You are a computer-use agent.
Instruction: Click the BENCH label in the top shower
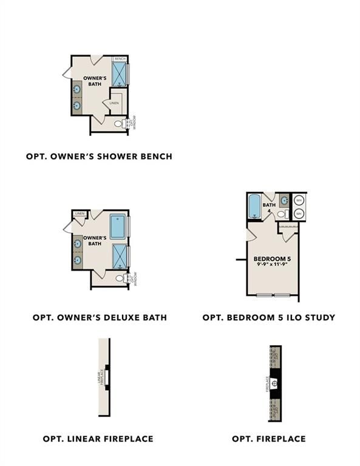120,59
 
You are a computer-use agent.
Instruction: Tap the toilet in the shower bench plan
118,124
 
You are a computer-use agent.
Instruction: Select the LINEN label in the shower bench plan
114,103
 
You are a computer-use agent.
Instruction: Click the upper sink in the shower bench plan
77,90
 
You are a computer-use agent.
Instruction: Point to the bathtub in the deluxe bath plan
118,226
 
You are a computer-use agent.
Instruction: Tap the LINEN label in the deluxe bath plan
80,214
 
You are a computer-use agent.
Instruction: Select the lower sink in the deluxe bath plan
77,260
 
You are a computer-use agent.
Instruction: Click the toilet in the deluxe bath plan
119,279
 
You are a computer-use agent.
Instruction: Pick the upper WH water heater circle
299,200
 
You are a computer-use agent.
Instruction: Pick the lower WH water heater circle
299,214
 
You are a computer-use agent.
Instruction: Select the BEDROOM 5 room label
273,260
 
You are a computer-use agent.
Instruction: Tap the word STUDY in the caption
319,317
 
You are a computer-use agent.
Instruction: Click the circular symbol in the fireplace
274,383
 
